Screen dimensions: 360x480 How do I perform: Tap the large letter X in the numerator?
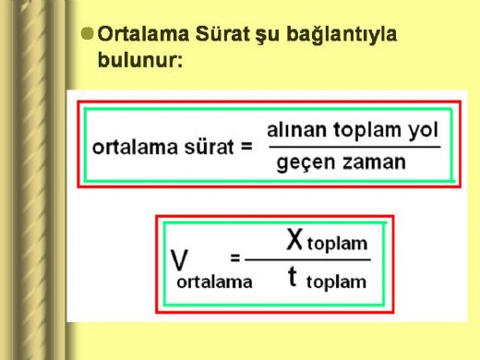click(294, 242)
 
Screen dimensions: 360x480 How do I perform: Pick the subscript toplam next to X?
click(339, 246)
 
